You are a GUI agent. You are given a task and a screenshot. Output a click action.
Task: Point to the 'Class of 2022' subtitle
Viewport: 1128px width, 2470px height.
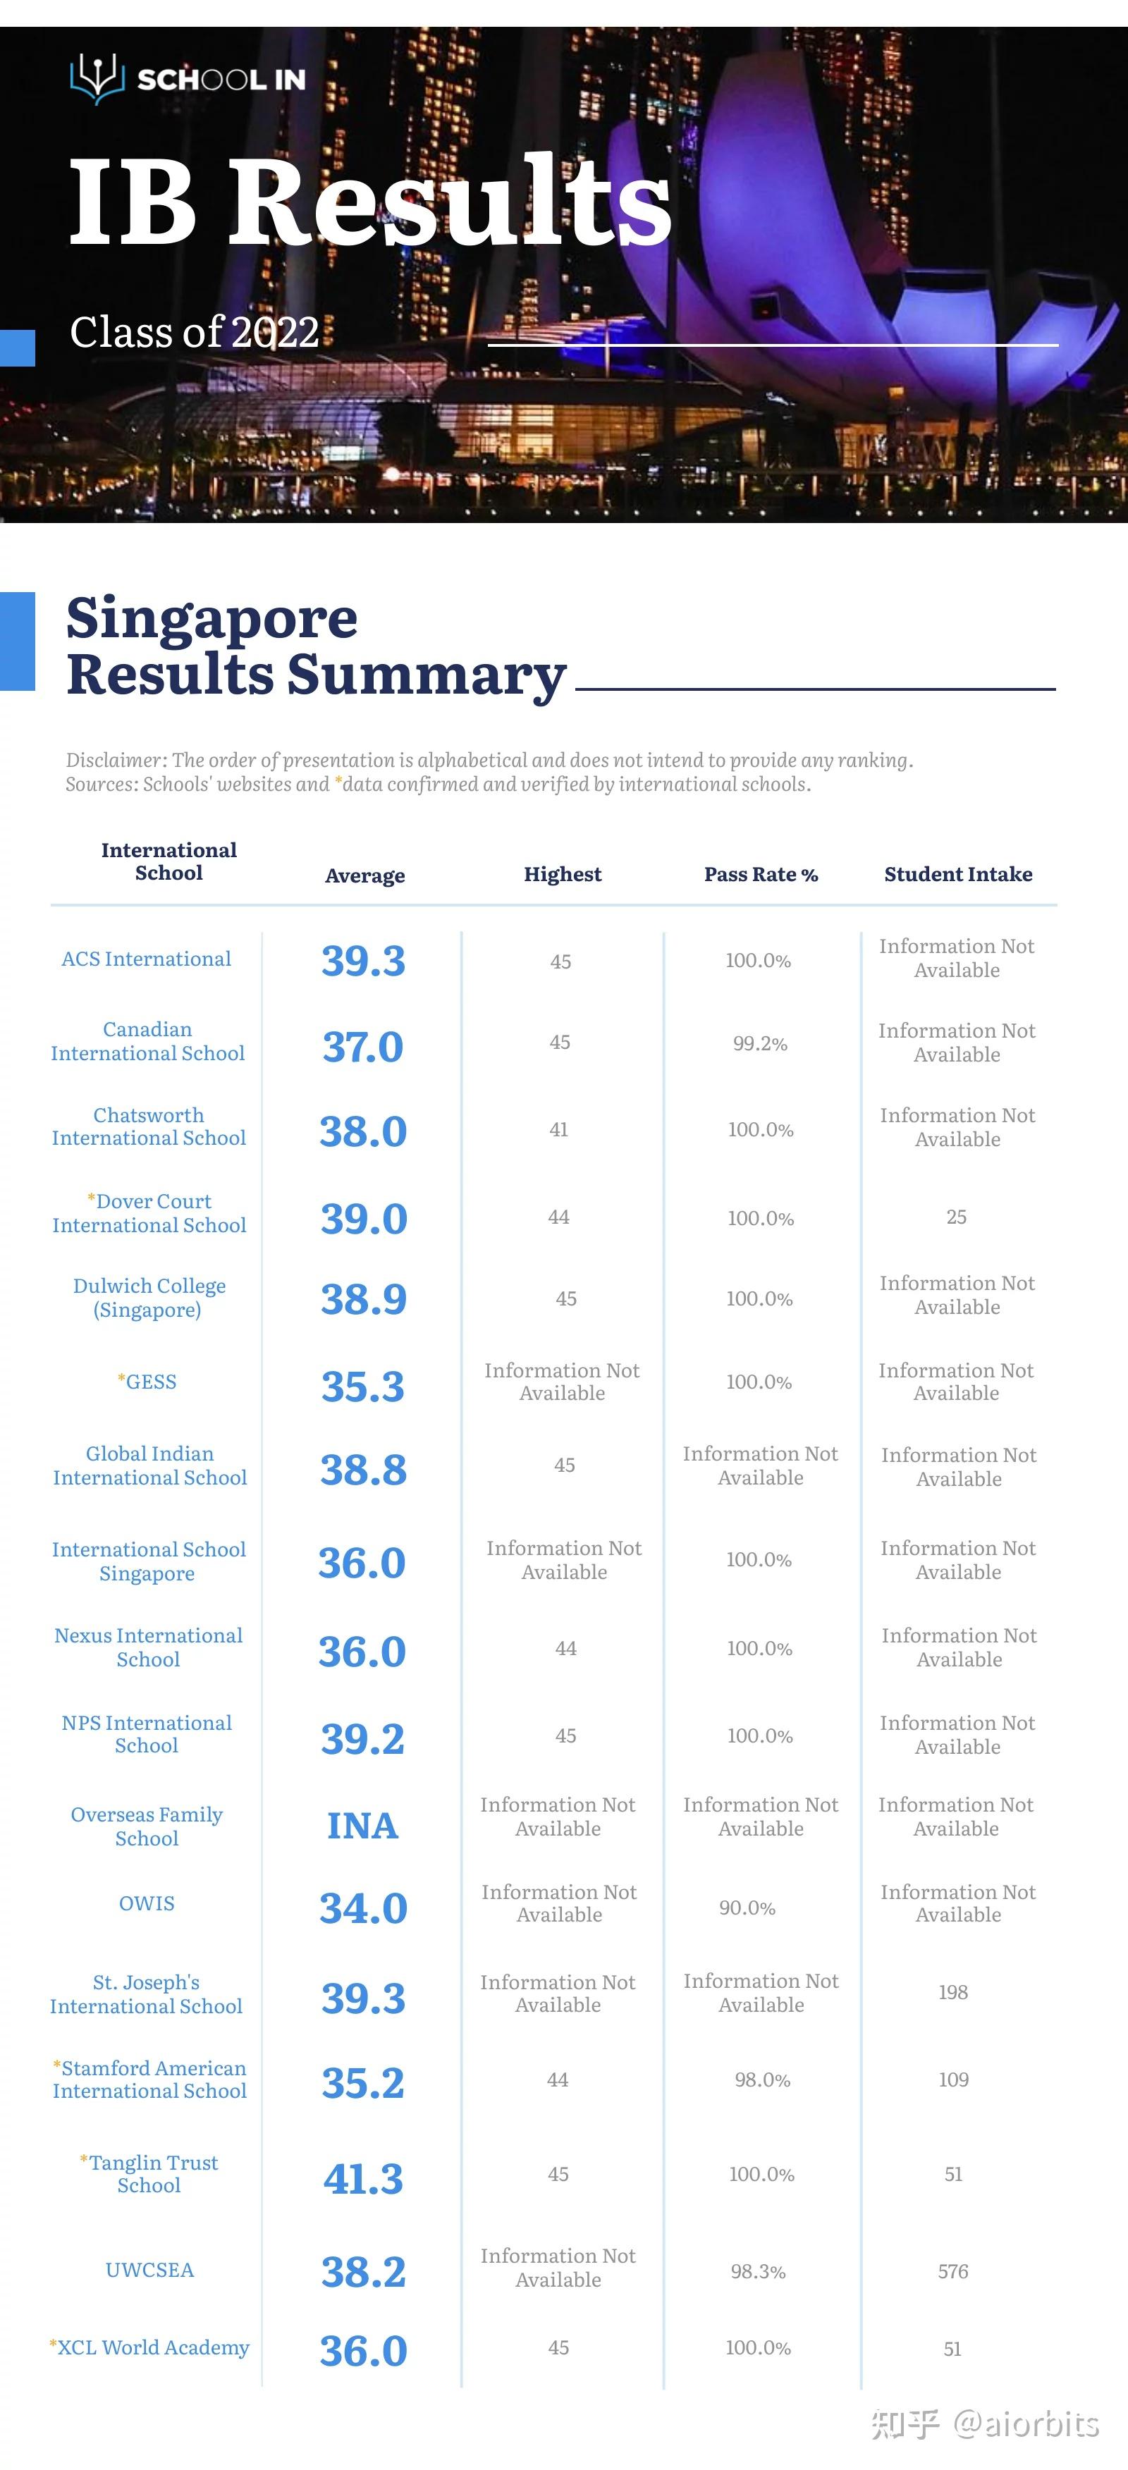click(195, 333)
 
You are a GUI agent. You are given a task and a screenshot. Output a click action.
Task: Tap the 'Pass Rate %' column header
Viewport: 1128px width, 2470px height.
click(761, 875)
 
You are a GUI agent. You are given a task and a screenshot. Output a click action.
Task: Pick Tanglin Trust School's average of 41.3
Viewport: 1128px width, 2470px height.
click(364, 2178)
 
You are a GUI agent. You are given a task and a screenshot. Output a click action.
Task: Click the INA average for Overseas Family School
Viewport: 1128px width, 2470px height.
click(362, 1826)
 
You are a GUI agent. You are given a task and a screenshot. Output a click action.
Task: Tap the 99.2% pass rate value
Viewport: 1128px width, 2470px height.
click(760, 1043)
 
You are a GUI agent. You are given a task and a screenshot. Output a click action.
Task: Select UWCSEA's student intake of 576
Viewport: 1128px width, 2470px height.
click(953, 2271)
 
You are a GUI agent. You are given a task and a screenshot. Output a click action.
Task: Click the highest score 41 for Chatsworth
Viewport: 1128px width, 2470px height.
click(558, 1129)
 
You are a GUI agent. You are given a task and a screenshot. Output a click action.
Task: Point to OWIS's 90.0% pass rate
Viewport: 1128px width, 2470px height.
click(747, 1908)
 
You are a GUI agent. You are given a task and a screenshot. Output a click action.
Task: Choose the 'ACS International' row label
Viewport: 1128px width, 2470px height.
click(147, 959)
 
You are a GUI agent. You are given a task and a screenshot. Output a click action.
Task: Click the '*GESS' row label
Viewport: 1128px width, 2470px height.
click(147, 1382)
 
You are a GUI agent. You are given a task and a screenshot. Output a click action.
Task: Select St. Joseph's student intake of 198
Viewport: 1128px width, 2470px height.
click(953, 1993)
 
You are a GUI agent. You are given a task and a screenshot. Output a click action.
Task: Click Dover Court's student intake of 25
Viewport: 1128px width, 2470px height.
click(956, 1217)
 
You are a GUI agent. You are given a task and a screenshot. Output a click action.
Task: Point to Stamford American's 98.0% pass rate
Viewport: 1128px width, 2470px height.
click(763, 2079)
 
